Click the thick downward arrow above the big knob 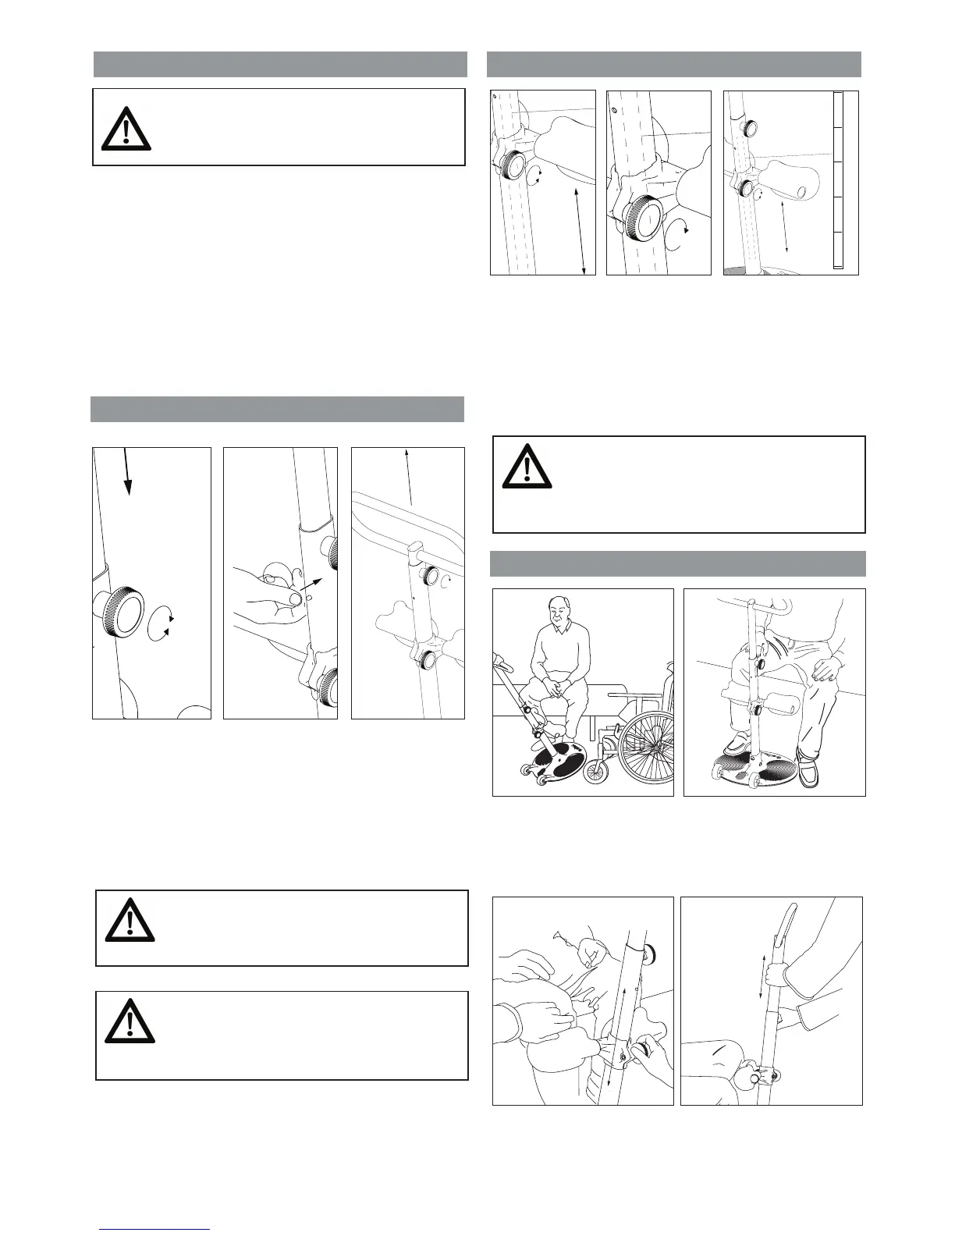click(127, 471)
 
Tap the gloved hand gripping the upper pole click(776, 973)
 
